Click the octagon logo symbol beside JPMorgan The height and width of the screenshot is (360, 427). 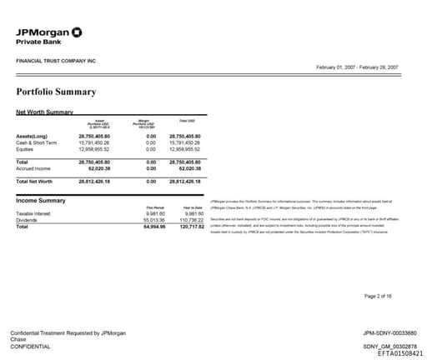click(x=77, y=32)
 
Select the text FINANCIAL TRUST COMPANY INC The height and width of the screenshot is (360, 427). click(x=56, y=62)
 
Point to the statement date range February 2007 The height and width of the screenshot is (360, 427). click(x=357, y=67)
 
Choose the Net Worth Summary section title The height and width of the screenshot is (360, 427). click(x=45, y=112)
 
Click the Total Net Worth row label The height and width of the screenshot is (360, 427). click(x=35, y=180)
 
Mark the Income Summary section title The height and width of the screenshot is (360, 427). click(x=41, y=201)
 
